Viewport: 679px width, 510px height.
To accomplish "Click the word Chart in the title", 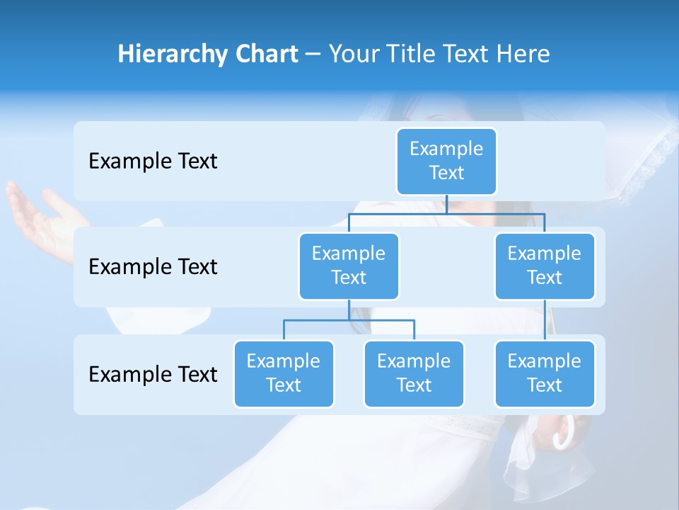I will tap(267, 54).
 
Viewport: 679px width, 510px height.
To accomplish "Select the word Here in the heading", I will tap(523, 54).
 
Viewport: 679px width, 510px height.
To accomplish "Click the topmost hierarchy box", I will tap(446, 161).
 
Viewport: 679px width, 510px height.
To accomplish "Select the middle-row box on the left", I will tap(349, 266).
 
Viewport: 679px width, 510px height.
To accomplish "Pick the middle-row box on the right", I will tap(545, 266).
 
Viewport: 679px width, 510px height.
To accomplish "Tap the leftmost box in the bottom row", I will tap(284, 374).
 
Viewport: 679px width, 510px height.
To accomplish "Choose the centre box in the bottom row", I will tap(414, 374).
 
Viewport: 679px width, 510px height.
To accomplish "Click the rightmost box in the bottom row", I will tap(545, 374).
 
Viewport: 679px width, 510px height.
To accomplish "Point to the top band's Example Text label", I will tap(153, 161).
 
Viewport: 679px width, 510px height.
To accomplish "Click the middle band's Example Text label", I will tap(153, 267).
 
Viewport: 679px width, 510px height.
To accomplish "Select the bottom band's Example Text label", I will tap(153, 374).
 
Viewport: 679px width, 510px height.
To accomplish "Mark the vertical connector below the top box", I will tap(446, 204).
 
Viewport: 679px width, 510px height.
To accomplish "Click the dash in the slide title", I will tap(313, 54).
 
